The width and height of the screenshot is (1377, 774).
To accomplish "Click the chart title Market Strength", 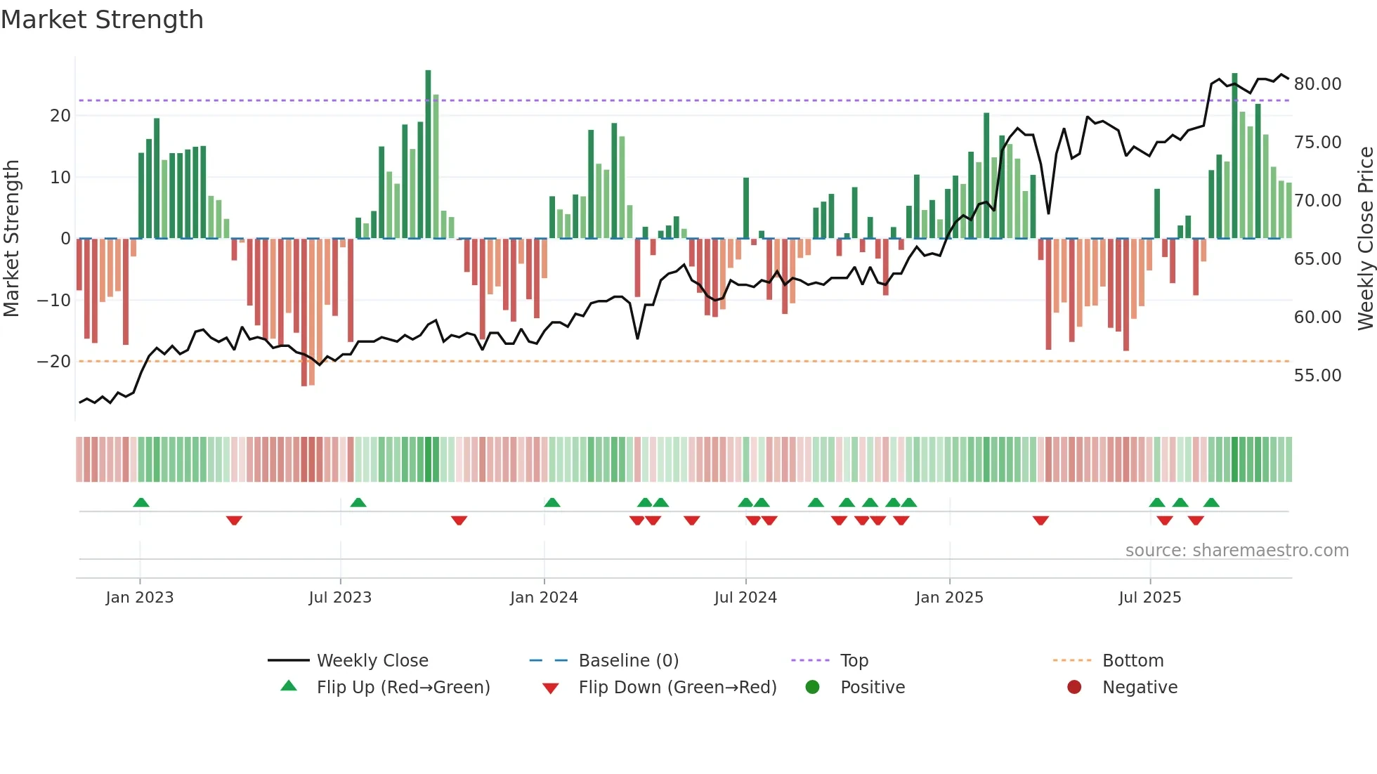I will click(102, 20).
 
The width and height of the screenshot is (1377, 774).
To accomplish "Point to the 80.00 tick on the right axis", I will click(1317, 84).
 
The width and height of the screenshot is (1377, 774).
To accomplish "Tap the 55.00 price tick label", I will click(1317, 376).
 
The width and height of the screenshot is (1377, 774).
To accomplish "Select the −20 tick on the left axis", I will click(54, 362).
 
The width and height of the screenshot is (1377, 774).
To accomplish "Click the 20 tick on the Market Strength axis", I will click(60, 116).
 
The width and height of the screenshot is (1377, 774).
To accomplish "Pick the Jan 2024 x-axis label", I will click(544, 598).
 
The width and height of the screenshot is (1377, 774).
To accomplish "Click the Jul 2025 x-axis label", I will click(1149, 598).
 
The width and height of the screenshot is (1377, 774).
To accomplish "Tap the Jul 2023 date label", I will click(340, 598).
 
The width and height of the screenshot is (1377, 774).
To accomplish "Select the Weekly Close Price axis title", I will click(1365, 239).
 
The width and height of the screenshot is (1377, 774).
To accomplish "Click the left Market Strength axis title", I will click(11, 239).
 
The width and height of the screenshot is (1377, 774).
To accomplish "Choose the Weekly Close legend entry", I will click(372, 661).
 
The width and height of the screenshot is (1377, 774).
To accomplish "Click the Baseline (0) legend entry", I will click(628, 661).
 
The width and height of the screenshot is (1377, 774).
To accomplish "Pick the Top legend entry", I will click(854, 661).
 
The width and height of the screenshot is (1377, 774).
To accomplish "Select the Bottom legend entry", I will click(1133, 661).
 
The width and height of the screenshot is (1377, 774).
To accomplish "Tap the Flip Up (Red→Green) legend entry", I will click(403, 688).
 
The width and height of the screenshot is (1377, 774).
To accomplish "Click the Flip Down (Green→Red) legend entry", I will click(677, 688).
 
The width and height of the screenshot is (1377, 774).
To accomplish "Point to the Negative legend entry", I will click(1139, 688).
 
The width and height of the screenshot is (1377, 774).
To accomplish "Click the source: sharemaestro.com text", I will click(1236, 551).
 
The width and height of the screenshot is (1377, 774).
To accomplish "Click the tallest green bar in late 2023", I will click(428, 155).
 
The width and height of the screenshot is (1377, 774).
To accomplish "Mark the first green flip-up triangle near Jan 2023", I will click(141, 502).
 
